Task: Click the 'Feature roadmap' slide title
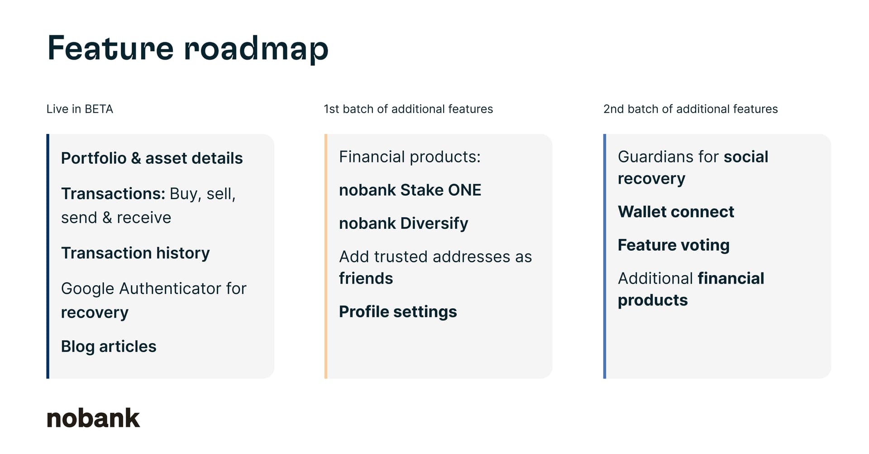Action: point(188,48)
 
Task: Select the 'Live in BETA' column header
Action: point(80,109)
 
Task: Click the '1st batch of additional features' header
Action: point(408,109)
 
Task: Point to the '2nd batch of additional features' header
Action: point(691,109)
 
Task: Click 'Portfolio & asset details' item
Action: point(152,158)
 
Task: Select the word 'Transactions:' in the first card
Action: point(113,194)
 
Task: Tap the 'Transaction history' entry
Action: point(135,253)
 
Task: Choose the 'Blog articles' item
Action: point(109,346)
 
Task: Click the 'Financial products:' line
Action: point(410,157)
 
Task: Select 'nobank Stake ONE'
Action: point(410,190)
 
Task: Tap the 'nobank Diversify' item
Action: point(404,223)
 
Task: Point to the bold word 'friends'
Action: point(366,278)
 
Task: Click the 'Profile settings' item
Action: point(398,311)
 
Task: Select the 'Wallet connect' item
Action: point(676,211)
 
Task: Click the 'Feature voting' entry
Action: point(673,245)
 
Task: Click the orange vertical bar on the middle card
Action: point(326,256)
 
